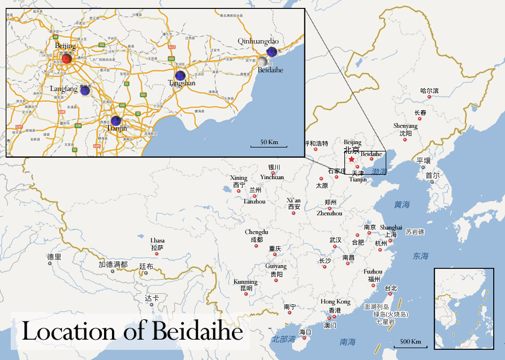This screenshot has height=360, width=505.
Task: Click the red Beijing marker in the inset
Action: point(67,59)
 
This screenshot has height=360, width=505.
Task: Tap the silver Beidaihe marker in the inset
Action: point(262,61)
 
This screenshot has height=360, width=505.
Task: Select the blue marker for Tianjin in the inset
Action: point(116,121)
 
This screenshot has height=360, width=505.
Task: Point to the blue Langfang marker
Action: point(85,90)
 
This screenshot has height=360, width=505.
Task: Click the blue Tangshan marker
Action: point(180,75)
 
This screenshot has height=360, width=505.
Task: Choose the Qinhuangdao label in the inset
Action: point(258,41)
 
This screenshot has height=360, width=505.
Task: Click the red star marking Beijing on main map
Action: point(351,160)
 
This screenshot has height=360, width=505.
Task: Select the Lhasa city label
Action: point(157,240)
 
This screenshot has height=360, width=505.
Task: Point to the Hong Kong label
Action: point(335,302)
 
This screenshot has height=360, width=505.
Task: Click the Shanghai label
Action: point(391,227)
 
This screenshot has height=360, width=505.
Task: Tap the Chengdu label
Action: point(256,232)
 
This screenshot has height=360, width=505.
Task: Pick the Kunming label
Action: point(245,281)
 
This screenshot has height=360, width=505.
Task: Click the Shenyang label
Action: point(405,126)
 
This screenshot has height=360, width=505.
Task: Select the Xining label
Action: point(239,178)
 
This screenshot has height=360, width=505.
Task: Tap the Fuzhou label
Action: point(373,272)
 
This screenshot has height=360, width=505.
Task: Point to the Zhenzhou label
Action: point(329,214)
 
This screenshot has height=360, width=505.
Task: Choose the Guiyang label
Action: point(276,266)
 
